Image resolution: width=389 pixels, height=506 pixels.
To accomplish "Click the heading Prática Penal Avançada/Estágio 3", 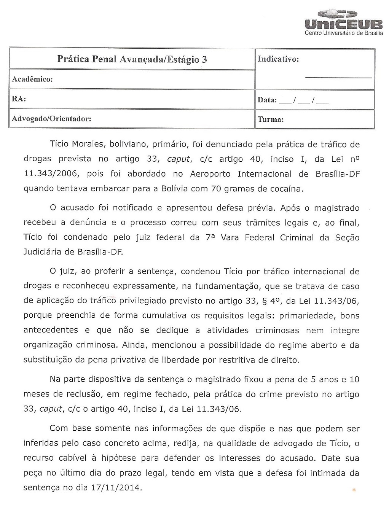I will coord(132,59).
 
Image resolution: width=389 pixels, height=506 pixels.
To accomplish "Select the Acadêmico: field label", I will coord(32,80).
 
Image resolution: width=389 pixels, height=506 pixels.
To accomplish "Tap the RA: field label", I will coord(19,99).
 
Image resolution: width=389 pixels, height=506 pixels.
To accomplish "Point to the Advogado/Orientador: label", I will coord(51,119).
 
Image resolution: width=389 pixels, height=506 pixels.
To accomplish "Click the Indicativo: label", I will coord(278,59).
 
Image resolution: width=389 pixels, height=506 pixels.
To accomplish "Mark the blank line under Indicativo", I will coord(339,78).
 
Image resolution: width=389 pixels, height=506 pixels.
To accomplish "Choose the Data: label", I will coord(267,100).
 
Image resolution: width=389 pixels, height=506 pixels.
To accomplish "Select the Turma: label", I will coord(271,119).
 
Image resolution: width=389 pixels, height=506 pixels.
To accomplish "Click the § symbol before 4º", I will coord(259,301).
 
